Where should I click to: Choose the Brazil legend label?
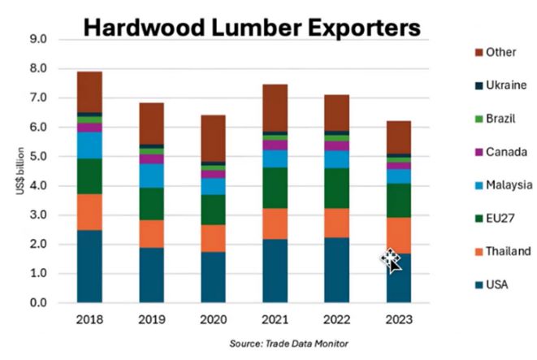coord(503,119)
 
